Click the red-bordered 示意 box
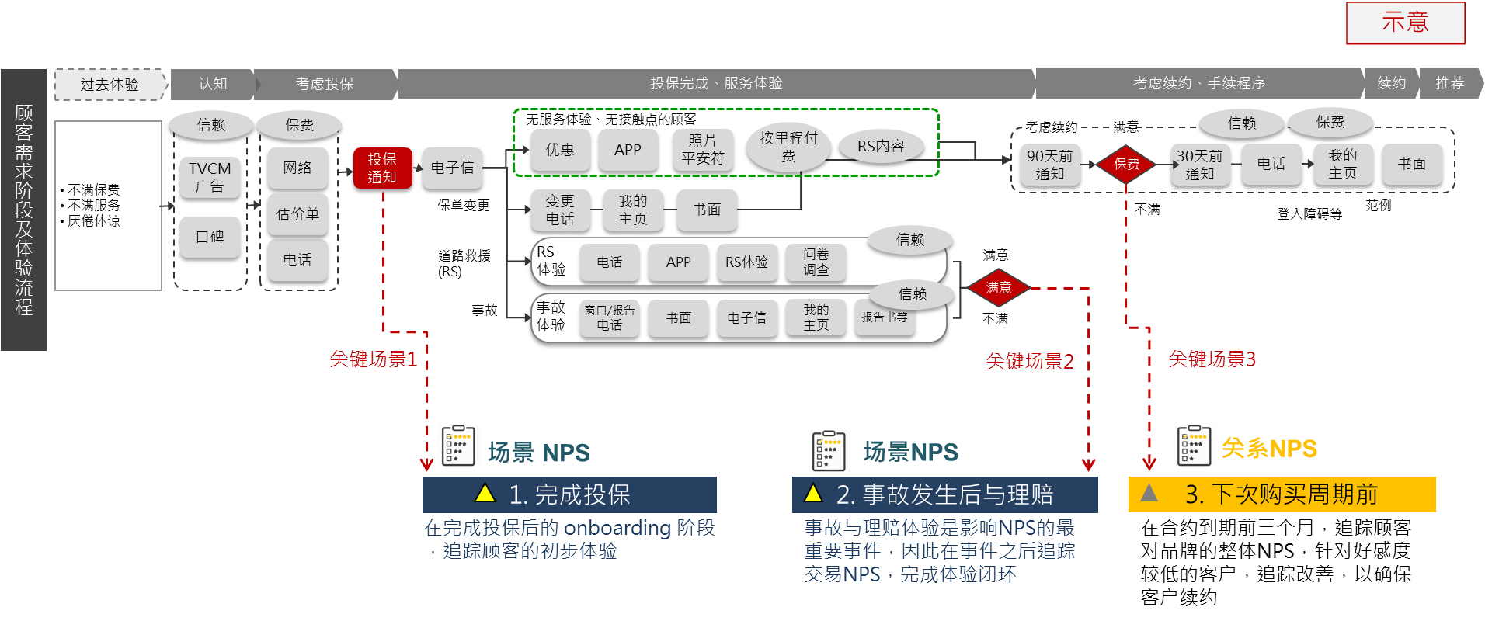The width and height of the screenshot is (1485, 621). [x=1405, y=23]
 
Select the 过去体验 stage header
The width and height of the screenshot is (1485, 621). [x=110, y=85]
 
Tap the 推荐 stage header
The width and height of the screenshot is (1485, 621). [x=1449, y=83]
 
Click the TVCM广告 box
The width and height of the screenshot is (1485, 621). [x=210, y=178]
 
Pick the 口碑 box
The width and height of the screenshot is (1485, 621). [x=210, y=237]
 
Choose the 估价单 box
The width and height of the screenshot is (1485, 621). [x=297, y=214]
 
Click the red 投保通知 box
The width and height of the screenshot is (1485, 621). [x=381, y=168]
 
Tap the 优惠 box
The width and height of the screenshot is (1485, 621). [x=560, y=150]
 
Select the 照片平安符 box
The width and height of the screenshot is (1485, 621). [x=702, y=150]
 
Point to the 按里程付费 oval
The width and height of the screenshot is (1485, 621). [x=788, y=147]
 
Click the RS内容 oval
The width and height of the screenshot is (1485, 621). [x=881, y=147]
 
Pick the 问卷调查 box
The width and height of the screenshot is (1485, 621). [x=816, y=262]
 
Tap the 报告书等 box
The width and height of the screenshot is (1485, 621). [x=885, y=317]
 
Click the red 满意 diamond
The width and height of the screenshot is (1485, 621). [x=998, y=288]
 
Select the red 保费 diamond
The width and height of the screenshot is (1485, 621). [x=1126, y=164]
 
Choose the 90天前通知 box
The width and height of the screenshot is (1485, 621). [x=1049, y=165]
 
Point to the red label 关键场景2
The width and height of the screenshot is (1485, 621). [x=1029, y=362]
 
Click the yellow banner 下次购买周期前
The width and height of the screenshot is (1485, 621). [x=1282, y=494]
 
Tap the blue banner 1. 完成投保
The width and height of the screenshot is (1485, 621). [x=569, y=494]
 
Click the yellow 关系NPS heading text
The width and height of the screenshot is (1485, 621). [x=1269, y=449]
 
